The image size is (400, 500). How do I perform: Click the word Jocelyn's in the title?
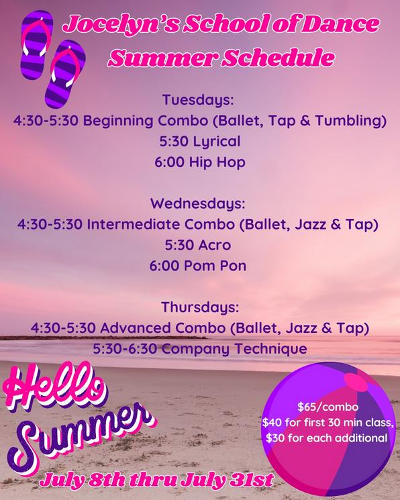click(x=121, y=25)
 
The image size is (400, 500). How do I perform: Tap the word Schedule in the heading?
click(x=277, y=58)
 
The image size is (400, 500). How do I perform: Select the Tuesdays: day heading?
click(x=198, y=100)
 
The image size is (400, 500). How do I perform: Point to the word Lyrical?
click(x=217, y=142)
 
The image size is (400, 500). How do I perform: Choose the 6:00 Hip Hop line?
click(x=200, y=162)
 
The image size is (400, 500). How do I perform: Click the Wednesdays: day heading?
click(x=198, y=204)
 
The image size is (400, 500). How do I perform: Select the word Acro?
click(x=215, y=245)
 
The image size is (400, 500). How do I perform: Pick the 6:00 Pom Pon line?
click(x=198, y=266)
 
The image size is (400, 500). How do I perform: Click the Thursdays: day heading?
click(x=200, y=307)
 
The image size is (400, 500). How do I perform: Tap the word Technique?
click(x=271, y=349)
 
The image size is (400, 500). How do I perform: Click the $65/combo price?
click(x=328, y=407)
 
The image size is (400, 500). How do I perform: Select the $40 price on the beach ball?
click(x=272, y=423)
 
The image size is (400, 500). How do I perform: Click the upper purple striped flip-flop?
click(x=37, y=44)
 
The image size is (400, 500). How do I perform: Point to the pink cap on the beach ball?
click(x=356, y=382)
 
